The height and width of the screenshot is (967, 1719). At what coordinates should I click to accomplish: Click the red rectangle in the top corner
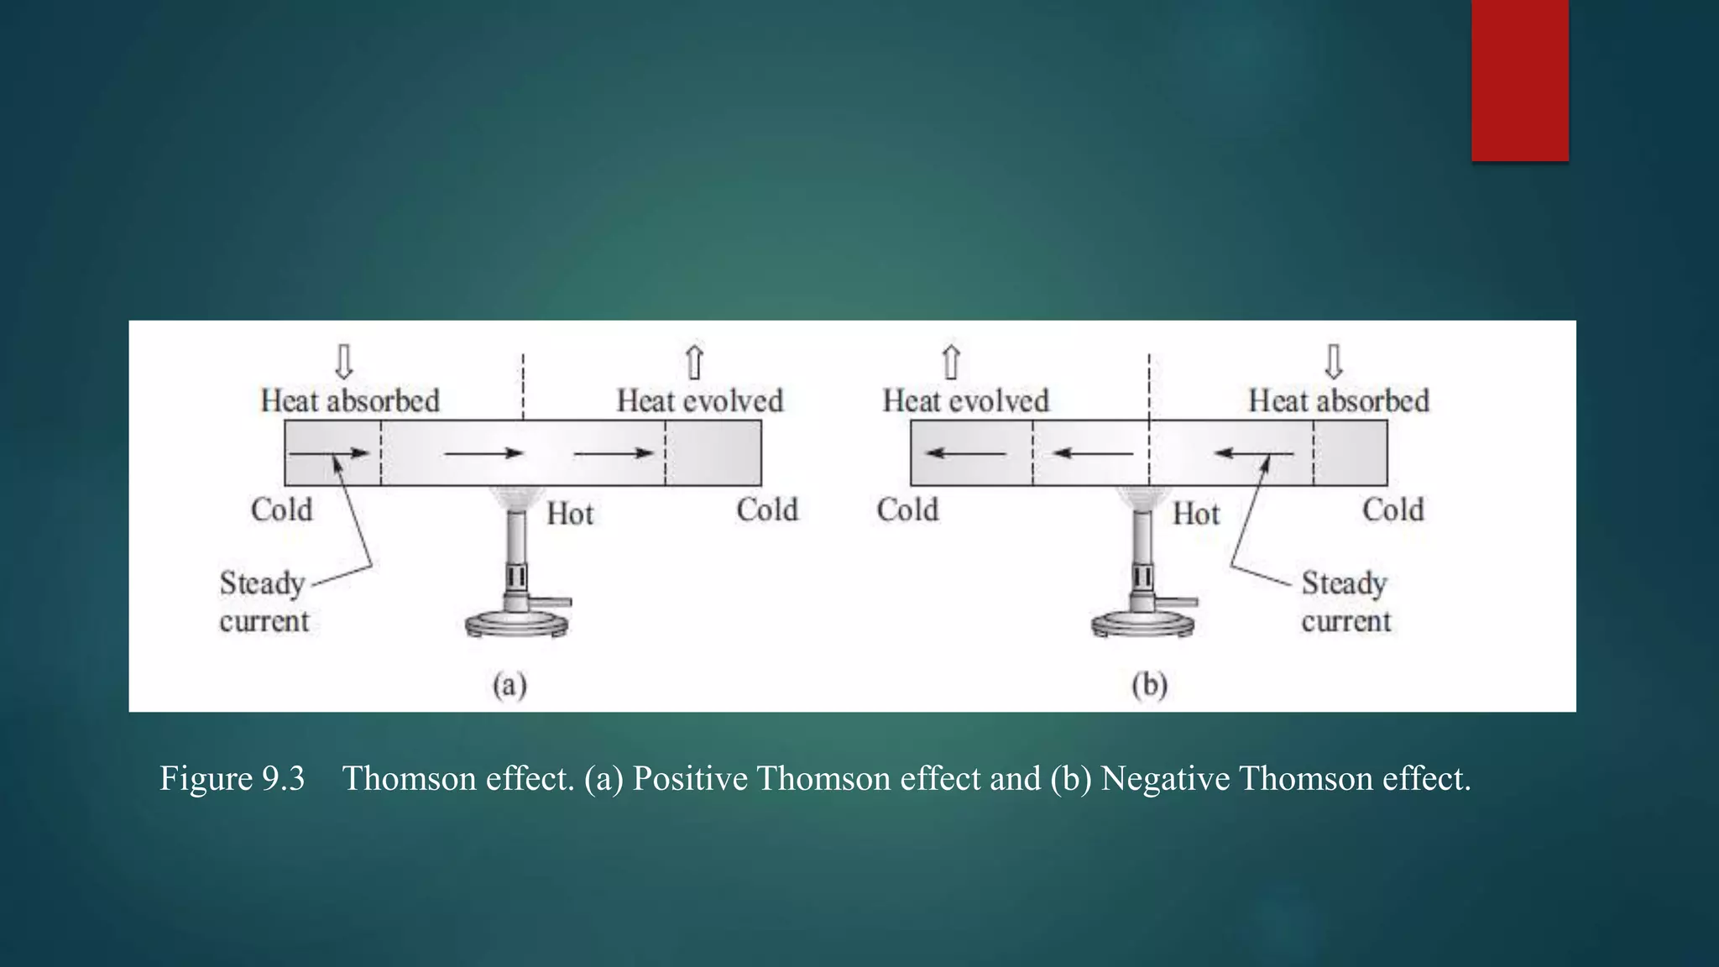(1519, 80)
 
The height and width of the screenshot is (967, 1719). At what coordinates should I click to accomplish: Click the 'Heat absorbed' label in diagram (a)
(350, 400)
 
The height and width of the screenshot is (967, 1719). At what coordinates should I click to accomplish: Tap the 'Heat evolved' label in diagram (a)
(700, 400)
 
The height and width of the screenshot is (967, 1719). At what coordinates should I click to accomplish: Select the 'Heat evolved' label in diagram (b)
(965, 400)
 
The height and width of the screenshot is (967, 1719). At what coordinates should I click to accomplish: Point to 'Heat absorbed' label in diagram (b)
(1339, 400)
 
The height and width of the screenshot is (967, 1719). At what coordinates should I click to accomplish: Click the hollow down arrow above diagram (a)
(344, 362)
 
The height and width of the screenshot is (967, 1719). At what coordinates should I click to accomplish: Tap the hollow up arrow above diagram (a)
(694, 363)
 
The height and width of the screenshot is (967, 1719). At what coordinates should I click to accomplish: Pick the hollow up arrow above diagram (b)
(951, 363)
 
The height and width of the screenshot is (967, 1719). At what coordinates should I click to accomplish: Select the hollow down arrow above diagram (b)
(1334, 362)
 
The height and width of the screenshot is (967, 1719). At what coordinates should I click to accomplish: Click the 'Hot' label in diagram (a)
(570, 514)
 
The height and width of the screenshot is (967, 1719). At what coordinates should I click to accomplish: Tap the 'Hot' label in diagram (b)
(1196, 514)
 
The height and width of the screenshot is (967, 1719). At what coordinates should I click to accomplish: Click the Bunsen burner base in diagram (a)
(517, 625)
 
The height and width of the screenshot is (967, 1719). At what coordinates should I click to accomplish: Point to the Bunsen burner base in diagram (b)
(1143, 625)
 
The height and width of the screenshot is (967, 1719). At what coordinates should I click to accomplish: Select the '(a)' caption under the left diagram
(509, 685)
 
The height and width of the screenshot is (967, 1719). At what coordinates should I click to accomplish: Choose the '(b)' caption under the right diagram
(1150, 685)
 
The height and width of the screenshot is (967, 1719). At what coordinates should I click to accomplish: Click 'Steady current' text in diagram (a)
(264, 602)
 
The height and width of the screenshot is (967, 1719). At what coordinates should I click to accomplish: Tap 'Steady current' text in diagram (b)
(1345, 602)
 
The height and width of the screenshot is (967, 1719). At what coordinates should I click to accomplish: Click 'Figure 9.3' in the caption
(233, 778)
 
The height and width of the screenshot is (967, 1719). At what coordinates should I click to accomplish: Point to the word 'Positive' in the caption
(690, 778)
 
